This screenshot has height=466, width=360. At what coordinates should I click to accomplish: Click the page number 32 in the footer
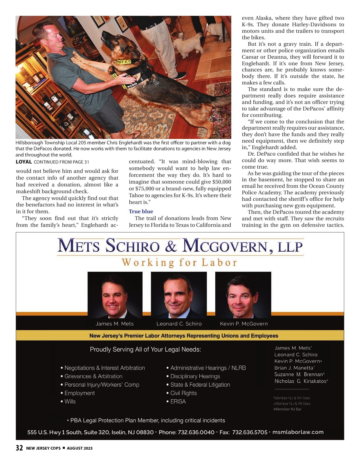19,448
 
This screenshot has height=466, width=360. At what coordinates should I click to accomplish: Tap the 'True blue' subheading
141,211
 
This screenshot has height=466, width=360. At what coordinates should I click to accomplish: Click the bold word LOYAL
24,162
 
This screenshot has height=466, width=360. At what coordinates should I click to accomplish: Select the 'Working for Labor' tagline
180,263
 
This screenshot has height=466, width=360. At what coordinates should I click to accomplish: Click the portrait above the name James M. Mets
115,295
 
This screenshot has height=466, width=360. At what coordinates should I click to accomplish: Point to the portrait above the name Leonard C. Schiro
179,295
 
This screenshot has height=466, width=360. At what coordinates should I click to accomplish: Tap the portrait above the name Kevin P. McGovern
243,295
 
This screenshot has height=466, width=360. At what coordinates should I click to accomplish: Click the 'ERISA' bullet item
178,401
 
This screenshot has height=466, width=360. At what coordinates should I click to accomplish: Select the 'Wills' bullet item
70,401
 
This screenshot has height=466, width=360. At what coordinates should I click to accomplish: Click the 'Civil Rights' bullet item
183,393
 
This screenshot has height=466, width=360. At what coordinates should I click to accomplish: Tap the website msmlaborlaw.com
298,432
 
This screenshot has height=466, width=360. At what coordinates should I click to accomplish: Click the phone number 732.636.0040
196,432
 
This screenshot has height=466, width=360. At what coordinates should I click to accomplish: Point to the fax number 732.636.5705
250,432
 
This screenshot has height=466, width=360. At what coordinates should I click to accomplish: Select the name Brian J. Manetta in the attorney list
294,368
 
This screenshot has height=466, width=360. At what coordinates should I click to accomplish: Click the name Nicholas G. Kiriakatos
300,381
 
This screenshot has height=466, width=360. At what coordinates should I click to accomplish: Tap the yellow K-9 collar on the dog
124,61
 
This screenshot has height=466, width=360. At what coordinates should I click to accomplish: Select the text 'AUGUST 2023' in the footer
80,448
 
